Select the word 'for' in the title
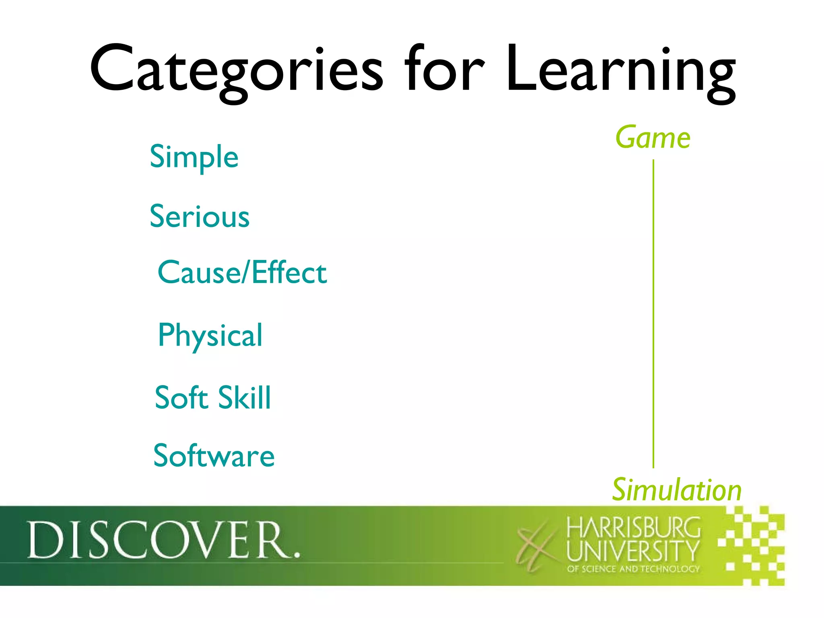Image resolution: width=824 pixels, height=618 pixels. pos(444,69)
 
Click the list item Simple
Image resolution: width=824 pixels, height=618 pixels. pos(194,157)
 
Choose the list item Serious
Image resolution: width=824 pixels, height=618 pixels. pos(200,216)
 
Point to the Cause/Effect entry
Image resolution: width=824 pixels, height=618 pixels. pos(242,272)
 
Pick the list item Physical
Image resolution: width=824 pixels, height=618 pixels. pos(210,336)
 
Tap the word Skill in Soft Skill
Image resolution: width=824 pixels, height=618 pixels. pos(245,398)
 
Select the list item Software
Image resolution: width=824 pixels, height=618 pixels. pos(214,456)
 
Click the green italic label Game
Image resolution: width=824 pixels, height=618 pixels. pos(653,138)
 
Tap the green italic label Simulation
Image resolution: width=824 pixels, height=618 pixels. pos(676,490)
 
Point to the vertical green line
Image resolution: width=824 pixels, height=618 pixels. pos(653,314)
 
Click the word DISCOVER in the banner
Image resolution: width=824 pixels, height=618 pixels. pos(159,540)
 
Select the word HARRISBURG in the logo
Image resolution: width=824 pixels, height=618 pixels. pos(633,528)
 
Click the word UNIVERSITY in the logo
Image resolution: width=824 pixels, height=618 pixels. pos(633,551)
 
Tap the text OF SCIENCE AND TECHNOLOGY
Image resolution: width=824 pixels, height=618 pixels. pos(633,569)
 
